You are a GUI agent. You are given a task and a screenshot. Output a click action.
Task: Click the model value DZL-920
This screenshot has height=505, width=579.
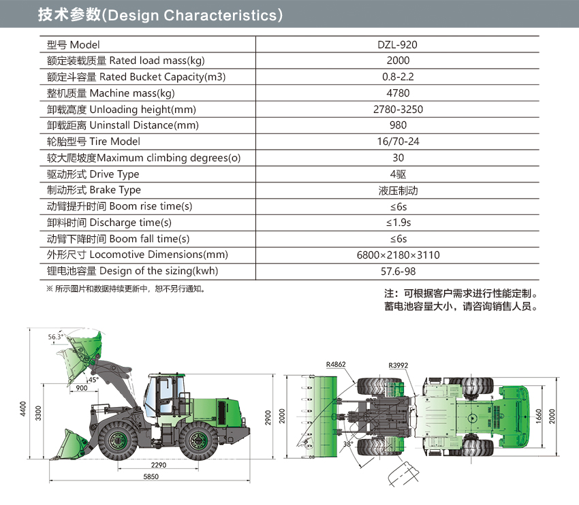click(x=397, y=45)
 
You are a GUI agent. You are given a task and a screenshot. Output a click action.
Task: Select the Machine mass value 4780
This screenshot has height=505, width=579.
click(x=398, y=93)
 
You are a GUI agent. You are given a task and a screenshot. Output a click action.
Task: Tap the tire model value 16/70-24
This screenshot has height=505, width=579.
click(x=398, y=142)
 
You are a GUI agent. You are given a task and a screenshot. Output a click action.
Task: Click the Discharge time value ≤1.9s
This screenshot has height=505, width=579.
click(x=398, y=223)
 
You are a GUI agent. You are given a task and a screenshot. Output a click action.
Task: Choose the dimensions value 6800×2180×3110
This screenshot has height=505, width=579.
click(x=398, y=255)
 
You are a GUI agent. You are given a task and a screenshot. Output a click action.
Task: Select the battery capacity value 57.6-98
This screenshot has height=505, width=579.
click(x=398, y=271)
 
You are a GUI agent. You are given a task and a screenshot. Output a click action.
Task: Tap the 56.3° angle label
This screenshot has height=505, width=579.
click(x=56, y=336)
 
